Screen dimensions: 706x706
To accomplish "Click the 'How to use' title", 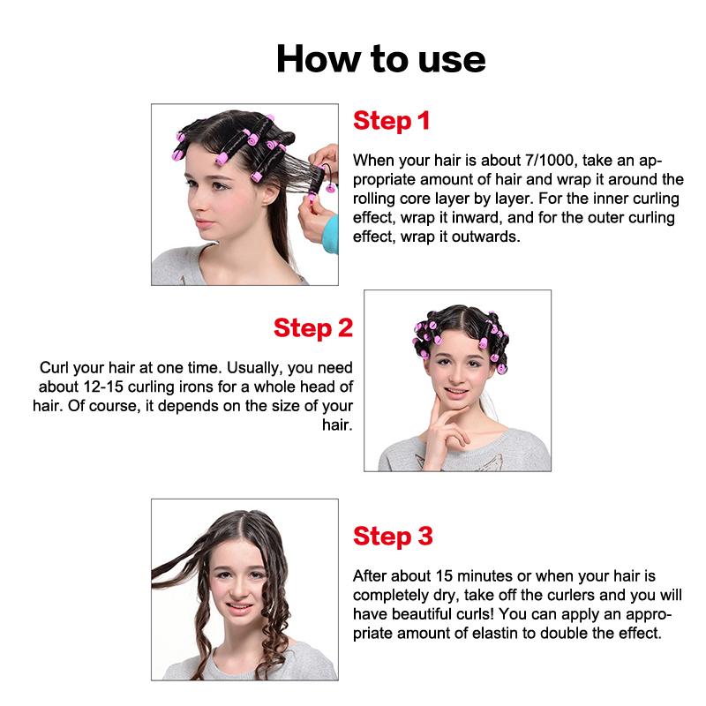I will pyautogui.click(x=380, y=58).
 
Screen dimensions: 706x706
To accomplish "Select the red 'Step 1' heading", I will pyautogui.click(x=391, y=121).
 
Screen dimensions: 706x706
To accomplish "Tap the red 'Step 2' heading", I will pyautogui.click(x=313, y=328).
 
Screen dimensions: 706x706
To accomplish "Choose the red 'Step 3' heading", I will pyautogui.click(x=393, y=536).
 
